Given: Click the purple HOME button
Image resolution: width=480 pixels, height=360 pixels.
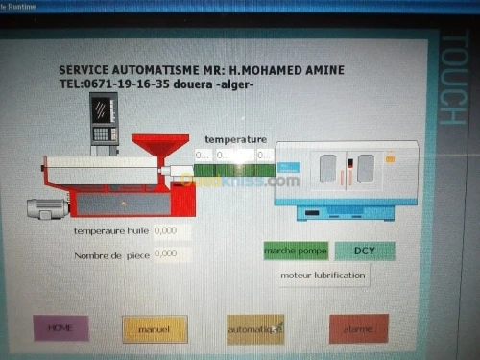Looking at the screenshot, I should [x=60, y=328].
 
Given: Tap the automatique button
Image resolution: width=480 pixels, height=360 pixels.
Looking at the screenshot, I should [x=254, y=329].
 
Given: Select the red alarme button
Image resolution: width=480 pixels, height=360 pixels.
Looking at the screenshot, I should [x=358, y=328].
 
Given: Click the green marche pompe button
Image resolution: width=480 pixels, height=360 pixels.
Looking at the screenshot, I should [x=296, y=251].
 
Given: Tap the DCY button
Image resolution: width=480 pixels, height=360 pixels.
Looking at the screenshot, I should [x=365, y=251].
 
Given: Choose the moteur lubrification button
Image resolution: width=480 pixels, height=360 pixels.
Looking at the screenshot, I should [x=323, y=276].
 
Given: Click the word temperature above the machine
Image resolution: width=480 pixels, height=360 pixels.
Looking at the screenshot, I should [x=235, y=140].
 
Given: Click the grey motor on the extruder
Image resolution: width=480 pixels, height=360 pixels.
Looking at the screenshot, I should [x=46, y=205].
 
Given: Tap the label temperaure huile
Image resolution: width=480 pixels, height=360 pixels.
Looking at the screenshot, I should [x=111, y=231].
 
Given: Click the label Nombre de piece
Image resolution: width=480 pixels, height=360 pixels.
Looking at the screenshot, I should [x=111, y=255].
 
